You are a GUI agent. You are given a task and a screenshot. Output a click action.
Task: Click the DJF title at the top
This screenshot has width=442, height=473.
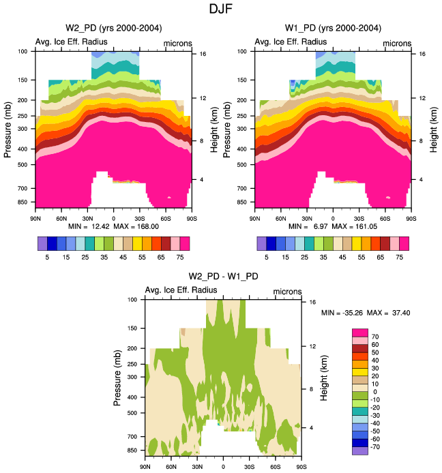tap(220, 10)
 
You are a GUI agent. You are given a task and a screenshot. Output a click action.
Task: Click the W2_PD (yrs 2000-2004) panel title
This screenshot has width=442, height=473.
tap(113, 28)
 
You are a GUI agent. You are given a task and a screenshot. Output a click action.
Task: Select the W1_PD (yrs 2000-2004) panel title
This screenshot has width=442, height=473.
tap(332, 28)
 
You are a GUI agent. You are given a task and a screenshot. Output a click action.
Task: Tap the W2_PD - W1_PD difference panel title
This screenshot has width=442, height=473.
tap(223, 276)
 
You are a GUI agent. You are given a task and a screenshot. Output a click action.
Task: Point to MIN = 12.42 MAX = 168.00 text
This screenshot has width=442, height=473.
tap(113, 225)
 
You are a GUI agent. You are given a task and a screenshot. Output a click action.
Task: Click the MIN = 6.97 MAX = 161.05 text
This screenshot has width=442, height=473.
tap(332, 225)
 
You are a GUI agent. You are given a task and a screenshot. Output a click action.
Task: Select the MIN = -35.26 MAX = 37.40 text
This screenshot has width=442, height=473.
tap(366, 313)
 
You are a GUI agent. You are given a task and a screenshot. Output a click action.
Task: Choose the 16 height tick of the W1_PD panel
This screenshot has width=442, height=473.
tap(423, 54)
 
